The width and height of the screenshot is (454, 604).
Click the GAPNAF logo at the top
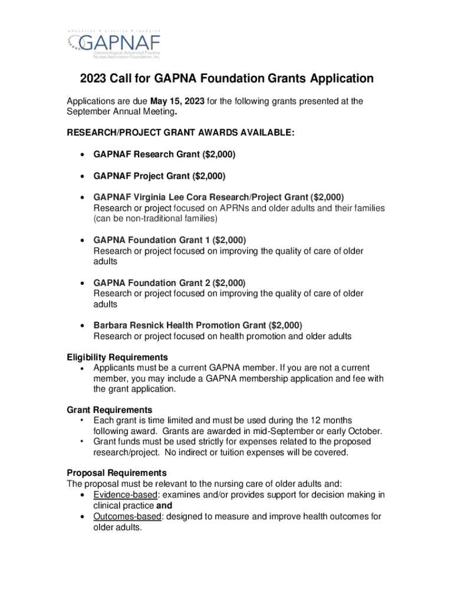[x=113, y=44]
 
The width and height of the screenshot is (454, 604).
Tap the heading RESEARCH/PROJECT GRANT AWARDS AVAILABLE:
[x=180, y=133]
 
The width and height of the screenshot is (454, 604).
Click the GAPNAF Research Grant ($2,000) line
[x=165, y=155]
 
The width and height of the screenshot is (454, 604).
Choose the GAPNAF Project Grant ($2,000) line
[x=160, y=176]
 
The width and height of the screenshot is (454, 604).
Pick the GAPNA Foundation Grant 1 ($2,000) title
[x=170, y=240]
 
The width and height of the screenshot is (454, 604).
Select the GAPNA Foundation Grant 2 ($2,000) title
[x=170, y=283]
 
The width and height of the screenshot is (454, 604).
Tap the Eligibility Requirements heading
[x=117, y=357]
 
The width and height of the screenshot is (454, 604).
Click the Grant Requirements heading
[x=110, y=410]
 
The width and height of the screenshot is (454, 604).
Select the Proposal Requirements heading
[x=117, y=473]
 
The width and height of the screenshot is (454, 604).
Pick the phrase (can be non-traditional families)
[x=156, y=219]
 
